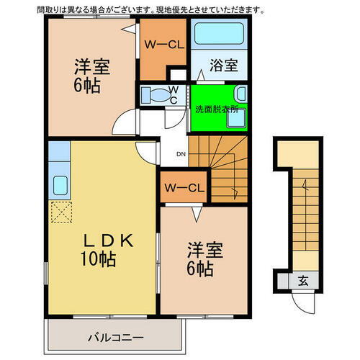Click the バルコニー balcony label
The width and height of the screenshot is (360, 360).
click(x=116, y=336)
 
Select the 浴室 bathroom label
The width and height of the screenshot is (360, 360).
click(x=223, y=66)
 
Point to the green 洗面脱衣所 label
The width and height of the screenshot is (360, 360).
click(x=216, y=109)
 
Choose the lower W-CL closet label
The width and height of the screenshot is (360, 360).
click(x=186, y=189)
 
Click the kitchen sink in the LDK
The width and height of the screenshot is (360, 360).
click(x=59, y=184)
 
